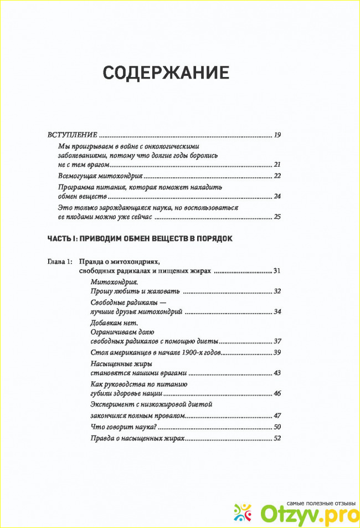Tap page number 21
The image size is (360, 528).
pyautogui.click(x=277, y=165)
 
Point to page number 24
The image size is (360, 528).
pyautogui.click(x=277, y=197)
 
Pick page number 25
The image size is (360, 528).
pyautogui.click(x=277, y=217)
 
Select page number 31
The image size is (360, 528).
pyautogui.click(x=277, y=271)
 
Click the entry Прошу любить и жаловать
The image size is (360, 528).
pyautogui.click(x=136, y=291)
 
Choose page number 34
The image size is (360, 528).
pyautogui.click(x=277, y=312)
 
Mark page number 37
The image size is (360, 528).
pyautogui.click(x=277, y=341)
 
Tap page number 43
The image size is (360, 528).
pyautogui.click(x=277, y=373)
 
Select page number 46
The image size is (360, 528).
pyautogui.click(x=277, y=393)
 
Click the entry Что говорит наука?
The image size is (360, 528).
pyautogui.click(x=124, y=427)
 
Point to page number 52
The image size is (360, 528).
pyautogui.click(x=277, y=439)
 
